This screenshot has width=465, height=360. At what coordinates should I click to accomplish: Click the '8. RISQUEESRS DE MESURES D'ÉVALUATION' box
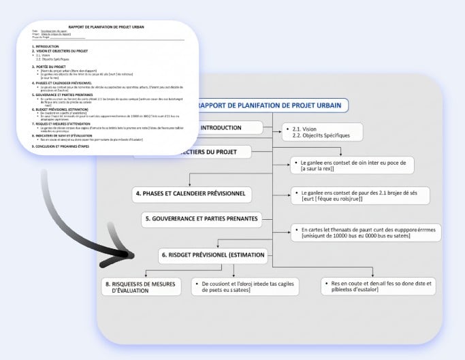tap(140, 286)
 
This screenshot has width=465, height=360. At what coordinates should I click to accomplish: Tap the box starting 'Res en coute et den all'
tap(379, 286)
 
